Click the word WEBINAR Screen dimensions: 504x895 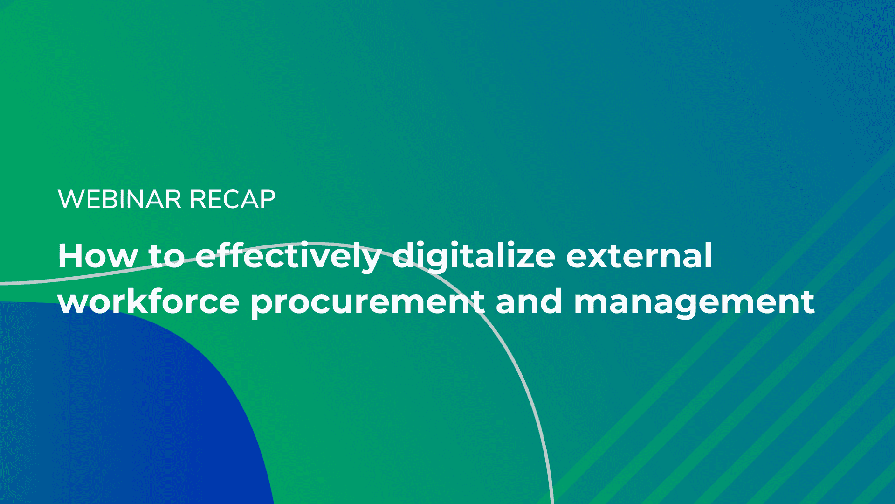pyautogui.click(x=119, y=199)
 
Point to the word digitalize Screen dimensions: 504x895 pyautogui.click(x=474, y=257)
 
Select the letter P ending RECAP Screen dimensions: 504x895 pyautogui.click(x=266, y=199)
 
